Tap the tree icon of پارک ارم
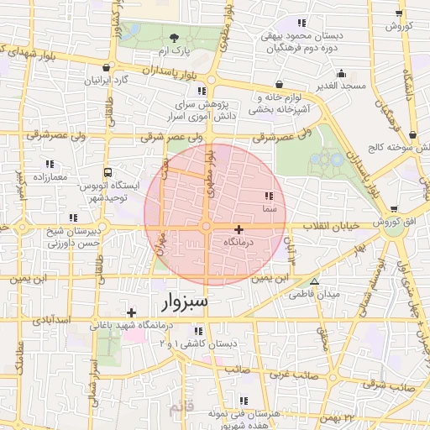(174, 38)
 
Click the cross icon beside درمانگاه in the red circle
(239, 228)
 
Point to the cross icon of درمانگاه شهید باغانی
(131, 312)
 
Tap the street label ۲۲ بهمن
(338, 417)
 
